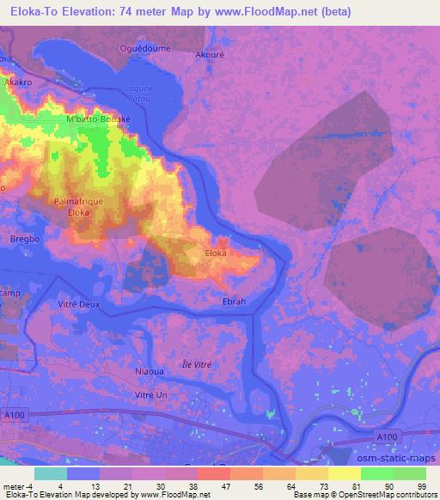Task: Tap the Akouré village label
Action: click(x=211, y=52)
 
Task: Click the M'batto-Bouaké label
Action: click(x=97, y=119)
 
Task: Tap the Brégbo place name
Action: click(x=21, y=239)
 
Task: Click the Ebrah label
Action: click(x=234, y=302)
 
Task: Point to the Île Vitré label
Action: click(x=197, y=364)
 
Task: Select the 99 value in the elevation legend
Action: click(x=422, y=487)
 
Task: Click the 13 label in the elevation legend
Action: click(x=107, y=487)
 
